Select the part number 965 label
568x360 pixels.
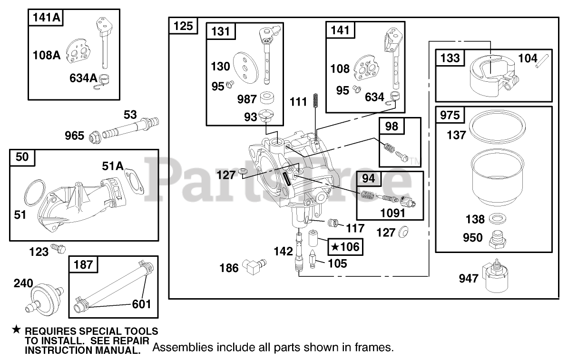click(75, 136)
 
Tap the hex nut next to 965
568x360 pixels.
click(93, 136)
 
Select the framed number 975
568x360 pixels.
click(450, 116)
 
